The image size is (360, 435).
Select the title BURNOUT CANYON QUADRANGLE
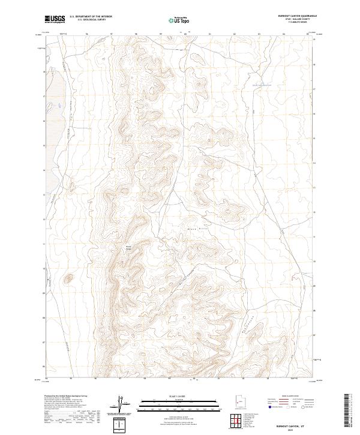click(x=294, y=16)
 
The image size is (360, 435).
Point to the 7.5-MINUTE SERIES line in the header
click(x=294, y=23)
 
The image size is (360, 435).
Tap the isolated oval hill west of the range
click(x=69, y=278)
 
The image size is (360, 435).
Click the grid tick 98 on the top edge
click(x=137, y=34)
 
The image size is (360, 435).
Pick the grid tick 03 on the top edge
click(x=259, y=34)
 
